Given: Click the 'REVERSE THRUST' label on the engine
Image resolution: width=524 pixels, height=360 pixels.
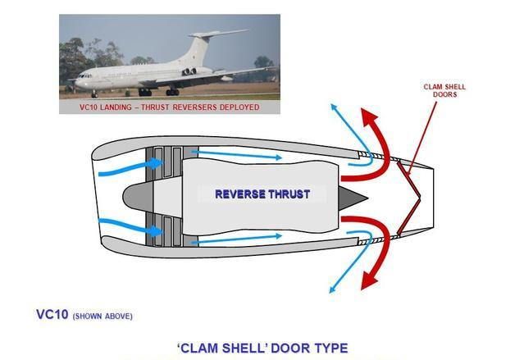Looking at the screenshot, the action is [x=262, y=194].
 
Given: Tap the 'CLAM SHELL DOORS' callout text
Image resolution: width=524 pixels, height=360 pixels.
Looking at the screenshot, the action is [x=444, y=90].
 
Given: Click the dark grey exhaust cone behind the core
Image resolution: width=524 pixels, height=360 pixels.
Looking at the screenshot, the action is [x=353, y=198].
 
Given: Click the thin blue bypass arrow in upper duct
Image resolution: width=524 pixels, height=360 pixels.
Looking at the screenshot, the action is [x=237, y=155].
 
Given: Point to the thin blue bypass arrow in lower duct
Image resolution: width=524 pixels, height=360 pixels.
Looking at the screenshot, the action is [x=237, y=239].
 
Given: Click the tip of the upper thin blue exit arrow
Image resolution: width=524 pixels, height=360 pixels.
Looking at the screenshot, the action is [x=331, y=104].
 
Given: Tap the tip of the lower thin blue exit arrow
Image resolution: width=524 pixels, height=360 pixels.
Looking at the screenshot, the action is [x=330, y=293].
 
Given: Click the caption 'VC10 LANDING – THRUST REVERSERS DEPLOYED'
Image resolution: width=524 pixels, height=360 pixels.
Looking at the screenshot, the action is [x=170, y=107].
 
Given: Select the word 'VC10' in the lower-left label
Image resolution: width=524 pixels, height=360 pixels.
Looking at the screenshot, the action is [x=52, y=315].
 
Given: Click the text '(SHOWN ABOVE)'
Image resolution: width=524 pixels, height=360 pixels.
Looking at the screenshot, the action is [x=103, y=317].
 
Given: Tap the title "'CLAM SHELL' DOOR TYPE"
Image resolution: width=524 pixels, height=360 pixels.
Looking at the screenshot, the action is [x=262, y=349].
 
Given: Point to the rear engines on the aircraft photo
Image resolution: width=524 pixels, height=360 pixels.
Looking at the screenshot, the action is [x=189, y=71].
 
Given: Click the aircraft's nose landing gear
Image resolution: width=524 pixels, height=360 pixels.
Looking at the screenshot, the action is [x=94, y=93].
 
